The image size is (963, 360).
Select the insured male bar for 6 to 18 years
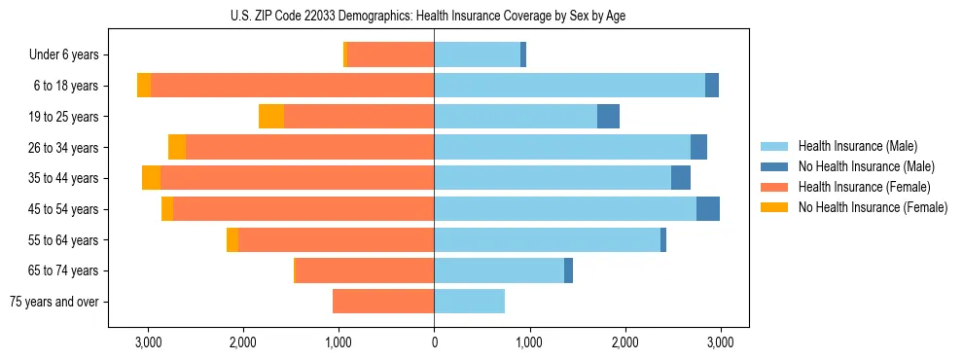[x=569, y=86]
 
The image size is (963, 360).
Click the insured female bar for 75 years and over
[x=383, y=302]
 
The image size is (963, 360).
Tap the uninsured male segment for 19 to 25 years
[x=608, y=117]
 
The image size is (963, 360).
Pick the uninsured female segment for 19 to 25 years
[x=271, y=117]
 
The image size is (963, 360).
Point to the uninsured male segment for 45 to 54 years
[x=708, y=209]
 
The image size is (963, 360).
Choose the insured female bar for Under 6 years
[x=390, y=55]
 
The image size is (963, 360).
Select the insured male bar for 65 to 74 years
[x=499, y=270]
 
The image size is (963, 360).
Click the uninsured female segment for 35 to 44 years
[x=151, y=178]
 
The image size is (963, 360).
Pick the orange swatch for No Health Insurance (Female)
[x=774, y=207]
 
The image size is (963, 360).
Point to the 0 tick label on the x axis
[x=434, y=342]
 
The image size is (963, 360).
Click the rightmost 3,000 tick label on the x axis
[x=720, y=342]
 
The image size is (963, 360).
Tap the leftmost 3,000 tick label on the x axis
[x=148, y=342]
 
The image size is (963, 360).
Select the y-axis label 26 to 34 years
[x=64, y=148]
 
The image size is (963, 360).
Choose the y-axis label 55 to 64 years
[x=64, y=240]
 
